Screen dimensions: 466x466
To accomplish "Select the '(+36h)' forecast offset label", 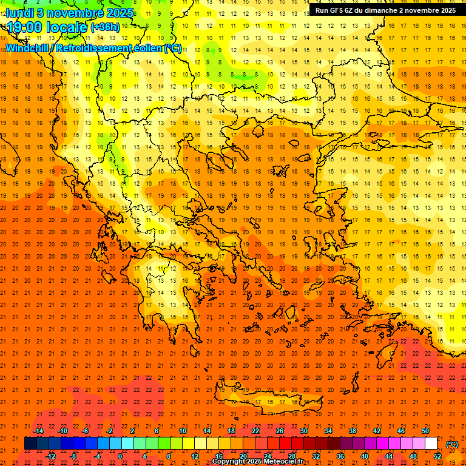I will (x=105, y=27).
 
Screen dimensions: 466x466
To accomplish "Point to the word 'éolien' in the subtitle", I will (x=146, y=48).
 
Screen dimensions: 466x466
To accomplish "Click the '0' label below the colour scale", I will (x=120, y=456).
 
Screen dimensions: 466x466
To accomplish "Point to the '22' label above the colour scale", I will (x=255, y=431).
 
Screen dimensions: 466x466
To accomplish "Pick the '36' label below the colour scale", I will (x=340, y=456).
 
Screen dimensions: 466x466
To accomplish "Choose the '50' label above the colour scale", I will (x=425, y=431).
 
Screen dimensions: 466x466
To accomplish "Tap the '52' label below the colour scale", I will (x=437, y=456).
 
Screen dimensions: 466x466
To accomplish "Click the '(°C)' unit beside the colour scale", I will (x=451, y=444).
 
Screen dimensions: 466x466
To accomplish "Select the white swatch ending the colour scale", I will (x=431, y=444).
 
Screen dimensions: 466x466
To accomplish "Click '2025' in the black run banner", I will (x=448, y=10).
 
